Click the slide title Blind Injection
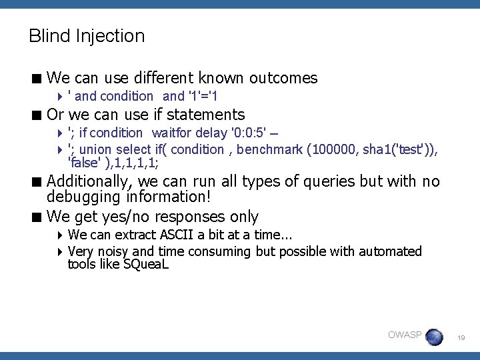coord(87,36)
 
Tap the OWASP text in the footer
coord(405,335)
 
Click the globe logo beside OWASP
coord(434,337)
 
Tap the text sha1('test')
coord(397,150)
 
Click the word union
coord(95,150)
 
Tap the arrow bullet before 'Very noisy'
coord(61,252)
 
